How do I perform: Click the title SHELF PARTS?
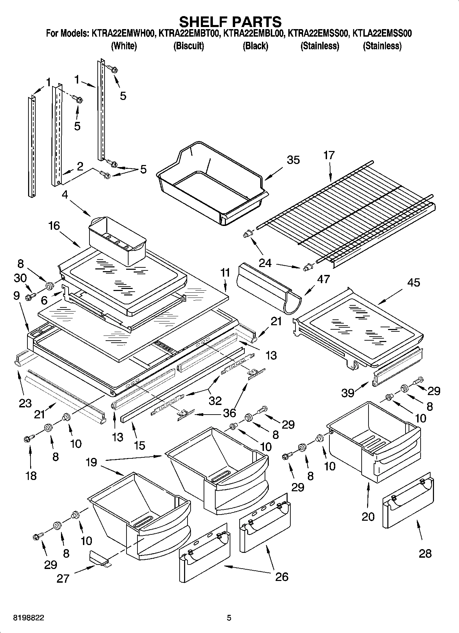click(230, 22)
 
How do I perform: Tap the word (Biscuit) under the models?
click(189, 46)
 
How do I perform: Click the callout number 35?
click(293, 160)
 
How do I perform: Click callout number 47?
click(323, 279)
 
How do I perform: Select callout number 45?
click(413, 283)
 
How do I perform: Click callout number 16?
click(54, 226)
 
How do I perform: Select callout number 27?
click(63, 578)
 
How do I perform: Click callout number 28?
click(425, 554)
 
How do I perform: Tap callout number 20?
click(368, 516)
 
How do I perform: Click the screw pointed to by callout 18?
click(28, 438)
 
